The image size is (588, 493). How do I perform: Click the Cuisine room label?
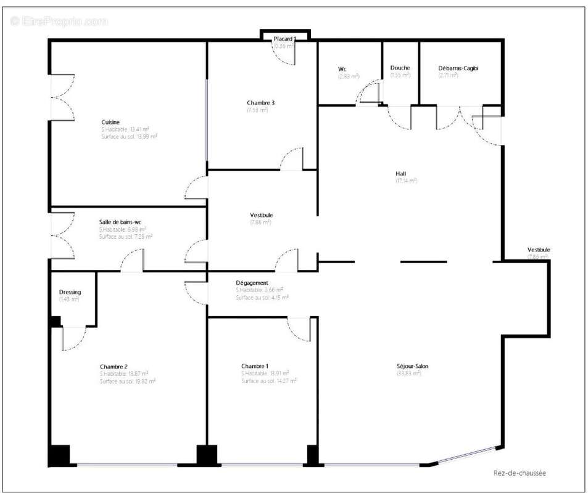(110, 122)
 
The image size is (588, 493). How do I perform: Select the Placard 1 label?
(284, 39)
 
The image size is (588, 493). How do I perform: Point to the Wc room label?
(342, 68)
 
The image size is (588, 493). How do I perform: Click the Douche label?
(400, 68)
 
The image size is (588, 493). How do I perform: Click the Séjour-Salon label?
(413, 366)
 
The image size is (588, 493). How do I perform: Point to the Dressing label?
(70, 292)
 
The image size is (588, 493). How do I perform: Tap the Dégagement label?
(252, 283)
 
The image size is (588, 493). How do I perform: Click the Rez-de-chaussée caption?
(520, 473)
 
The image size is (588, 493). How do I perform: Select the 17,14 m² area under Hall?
(406, 181)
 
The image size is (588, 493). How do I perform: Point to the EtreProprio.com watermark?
(59, 21)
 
